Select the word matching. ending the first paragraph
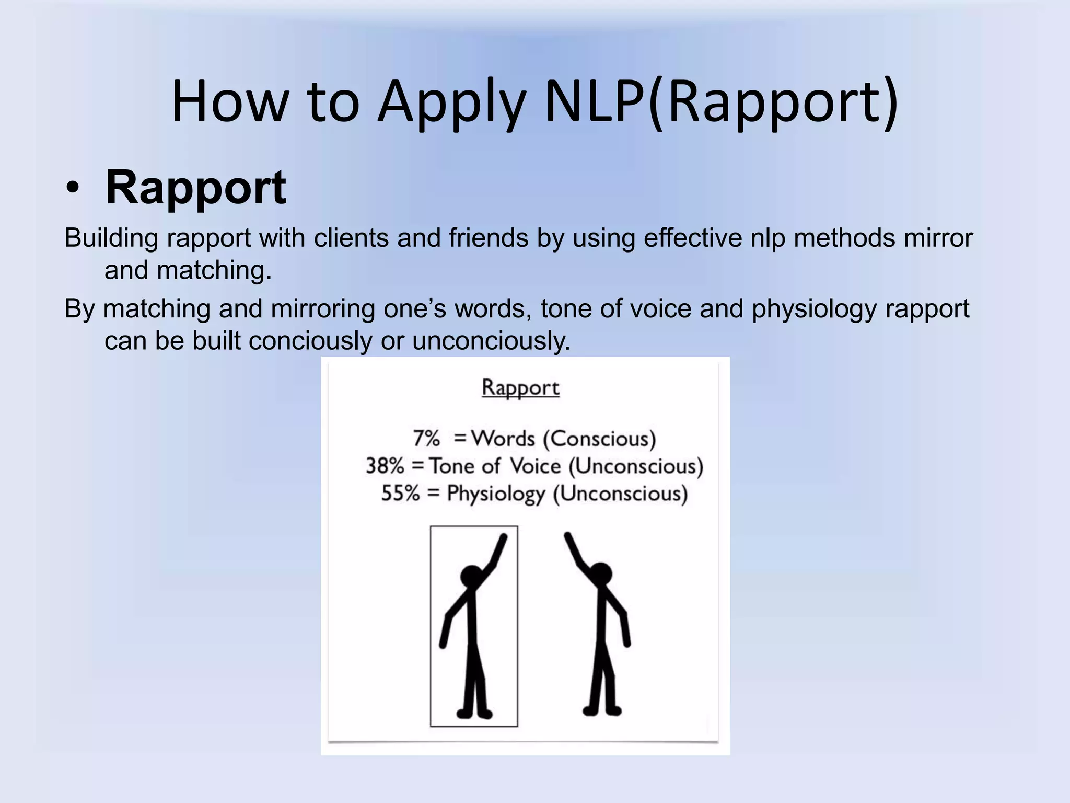[214, 271]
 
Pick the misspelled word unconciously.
[491, 341]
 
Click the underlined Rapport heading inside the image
[520, 387]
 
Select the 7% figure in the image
[426, 438]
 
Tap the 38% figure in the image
[385, 466]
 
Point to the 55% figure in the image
[400, 494]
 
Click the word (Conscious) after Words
[599, 438]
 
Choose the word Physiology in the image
[496, 494]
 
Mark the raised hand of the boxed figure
[503, 538]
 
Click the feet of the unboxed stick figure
[602, 710]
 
